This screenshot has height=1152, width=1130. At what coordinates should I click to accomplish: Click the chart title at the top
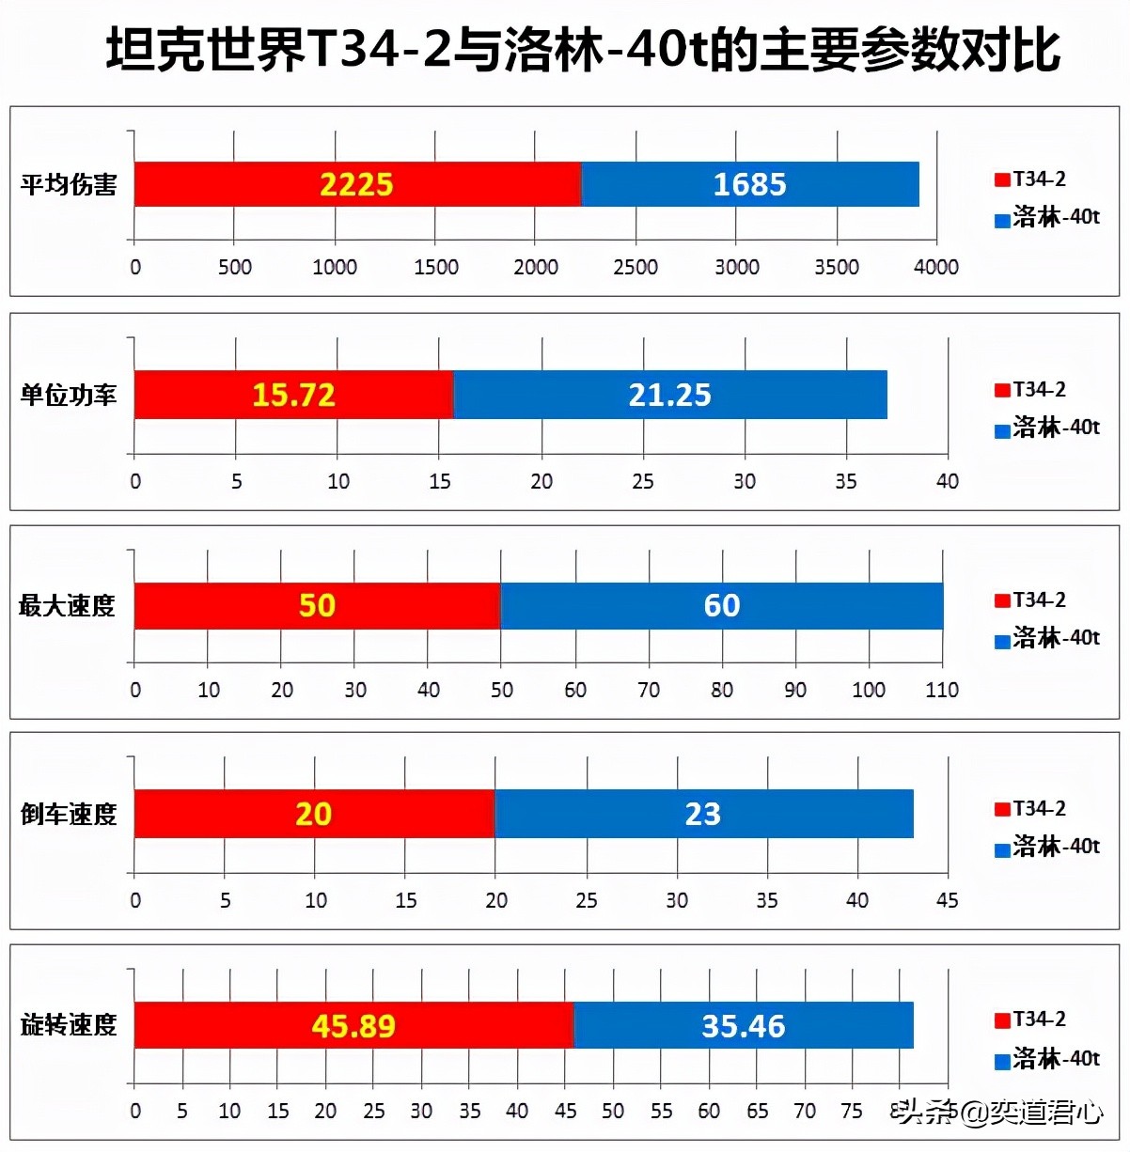[583, 50]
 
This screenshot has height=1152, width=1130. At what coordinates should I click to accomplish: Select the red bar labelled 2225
[357, 184]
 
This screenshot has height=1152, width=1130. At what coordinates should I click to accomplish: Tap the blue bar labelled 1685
[749, 184]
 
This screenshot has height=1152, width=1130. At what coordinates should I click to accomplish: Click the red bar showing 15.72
[293, 395]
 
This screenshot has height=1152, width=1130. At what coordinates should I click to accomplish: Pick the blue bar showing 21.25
[669, 395]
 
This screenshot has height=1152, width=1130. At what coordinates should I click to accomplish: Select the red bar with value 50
[317, 605]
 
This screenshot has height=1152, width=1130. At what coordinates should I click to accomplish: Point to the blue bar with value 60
[721, 605]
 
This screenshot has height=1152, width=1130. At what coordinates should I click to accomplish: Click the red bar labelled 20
[314, 814]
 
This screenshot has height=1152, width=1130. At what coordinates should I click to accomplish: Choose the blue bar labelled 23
[703, 814]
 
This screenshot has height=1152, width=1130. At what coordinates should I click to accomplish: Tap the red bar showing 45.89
[353, 1025]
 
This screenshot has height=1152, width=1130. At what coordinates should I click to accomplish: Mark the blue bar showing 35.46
[743, 1025]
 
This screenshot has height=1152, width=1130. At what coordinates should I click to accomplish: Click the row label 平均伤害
[69, 185]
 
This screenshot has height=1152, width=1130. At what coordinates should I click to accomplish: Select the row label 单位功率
[69, 396]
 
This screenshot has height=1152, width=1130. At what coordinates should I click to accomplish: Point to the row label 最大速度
[68, 606]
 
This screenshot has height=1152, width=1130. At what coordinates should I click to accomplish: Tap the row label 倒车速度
[69, 815]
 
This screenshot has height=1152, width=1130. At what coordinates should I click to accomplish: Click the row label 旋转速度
[69, 1025]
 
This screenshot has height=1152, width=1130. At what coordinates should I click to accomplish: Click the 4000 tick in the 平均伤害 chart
[936, 267]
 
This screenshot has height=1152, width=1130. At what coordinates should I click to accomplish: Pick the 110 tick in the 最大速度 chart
[942, 690]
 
